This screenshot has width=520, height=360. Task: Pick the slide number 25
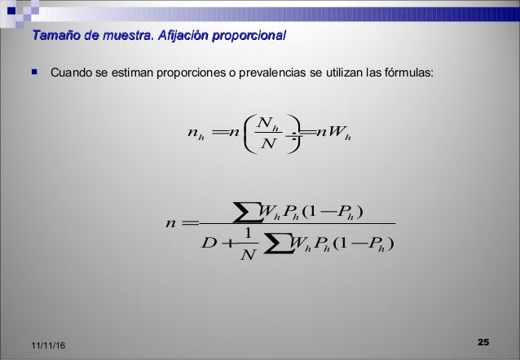pyautogui.click(x=482, y=340)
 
